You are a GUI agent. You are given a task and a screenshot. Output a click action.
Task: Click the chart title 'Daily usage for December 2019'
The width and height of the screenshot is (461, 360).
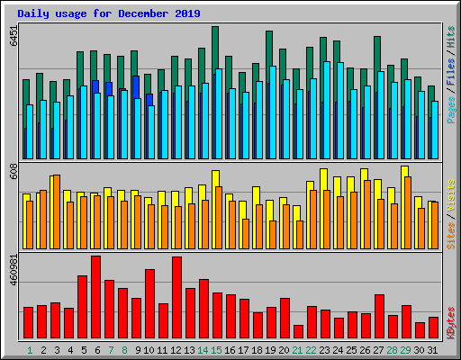coord(109,14)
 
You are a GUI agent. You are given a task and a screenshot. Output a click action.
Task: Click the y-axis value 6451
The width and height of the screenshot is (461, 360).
coord(13,36)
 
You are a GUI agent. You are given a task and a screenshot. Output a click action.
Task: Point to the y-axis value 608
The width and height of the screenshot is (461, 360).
coord(13,172)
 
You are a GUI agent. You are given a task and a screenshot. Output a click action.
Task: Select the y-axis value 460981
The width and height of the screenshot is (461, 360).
coord(13,269)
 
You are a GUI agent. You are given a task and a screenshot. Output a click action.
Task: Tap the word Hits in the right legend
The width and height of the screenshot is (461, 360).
coord(450,37)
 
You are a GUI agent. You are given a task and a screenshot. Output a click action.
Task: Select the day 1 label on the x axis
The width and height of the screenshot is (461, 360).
coord(30,349)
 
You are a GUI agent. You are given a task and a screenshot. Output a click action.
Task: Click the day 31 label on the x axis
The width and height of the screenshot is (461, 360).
coord(433,349)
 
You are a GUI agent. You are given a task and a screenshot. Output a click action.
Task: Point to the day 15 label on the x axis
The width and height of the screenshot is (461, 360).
coord(217,349)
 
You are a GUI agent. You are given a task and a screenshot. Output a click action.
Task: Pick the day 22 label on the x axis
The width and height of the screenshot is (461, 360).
coord(312,349)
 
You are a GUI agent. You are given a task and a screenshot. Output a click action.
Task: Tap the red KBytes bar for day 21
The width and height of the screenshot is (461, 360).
coord(298,331)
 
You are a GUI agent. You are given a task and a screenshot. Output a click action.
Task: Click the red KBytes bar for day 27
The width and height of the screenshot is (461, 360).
coord(379,316)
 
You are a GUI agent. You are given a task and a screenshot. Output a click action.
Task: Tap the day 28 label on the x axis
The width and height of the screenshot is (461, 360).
coord(393,349)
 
